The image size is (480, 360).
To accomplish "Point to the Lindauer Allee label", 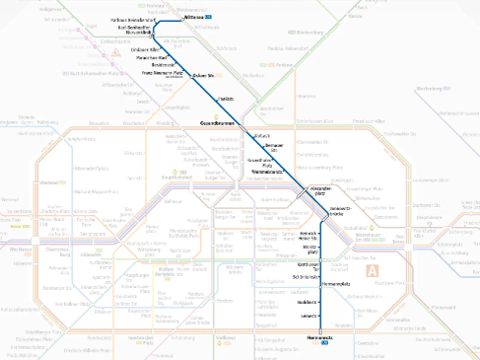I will (x=147, y=48).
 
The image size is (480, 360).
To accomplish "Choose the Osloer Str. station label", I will (x=204, y=76).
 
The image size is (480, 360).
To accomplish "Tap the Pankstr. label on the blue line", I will (x=226, y=99).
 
